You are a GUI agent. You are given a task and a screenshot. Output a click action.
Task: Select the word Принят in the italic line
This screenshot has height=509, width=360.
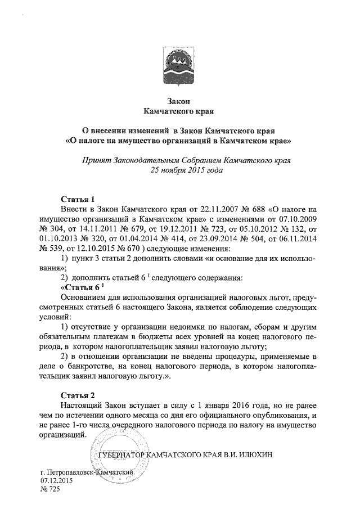pos(96,160)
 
